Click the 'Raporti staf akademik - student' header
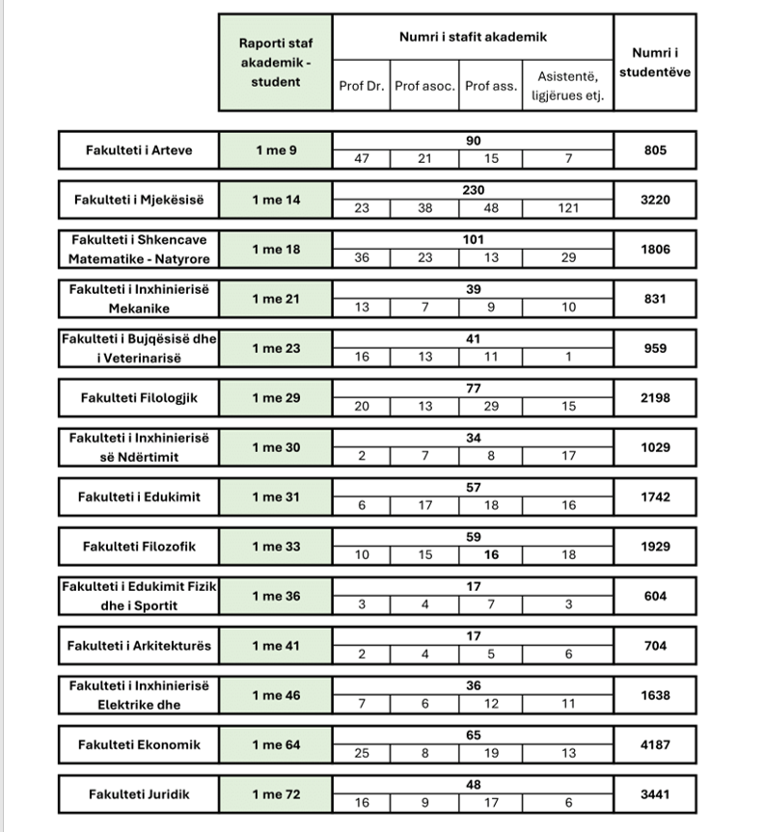pos(275,62)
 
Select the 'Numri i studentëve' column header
pos(654,63)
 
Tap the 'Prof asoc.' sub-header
pos(425,86)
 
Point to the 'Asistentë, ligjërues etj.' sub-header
pos(568,86)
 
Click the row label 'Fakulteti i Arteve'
pos(139,150)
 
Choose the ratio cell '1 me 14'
pos(275,200)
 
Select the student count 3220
pos(655,200)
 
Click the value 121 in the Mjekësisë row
pos(568,208)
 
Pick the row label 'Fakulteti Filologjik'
pos(139,397)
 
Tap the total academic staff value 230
pos(473,191)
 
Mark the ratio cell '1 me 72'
pos(275,793)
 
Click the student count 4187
pos(655,744)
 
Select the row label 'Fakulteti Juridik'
pos(139,793)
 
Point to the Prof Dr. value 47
pos(362,159)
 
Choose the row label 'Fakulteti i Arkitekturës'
pos(139,645)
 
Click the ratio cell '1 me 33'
pos(275,547)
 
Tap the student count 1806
pos(655,249)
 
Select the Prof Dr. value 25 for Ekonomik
pos(362,753)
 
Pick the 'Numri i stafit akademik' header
pos(473,37)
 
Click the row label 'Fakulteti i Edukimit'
pos(139,497)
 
